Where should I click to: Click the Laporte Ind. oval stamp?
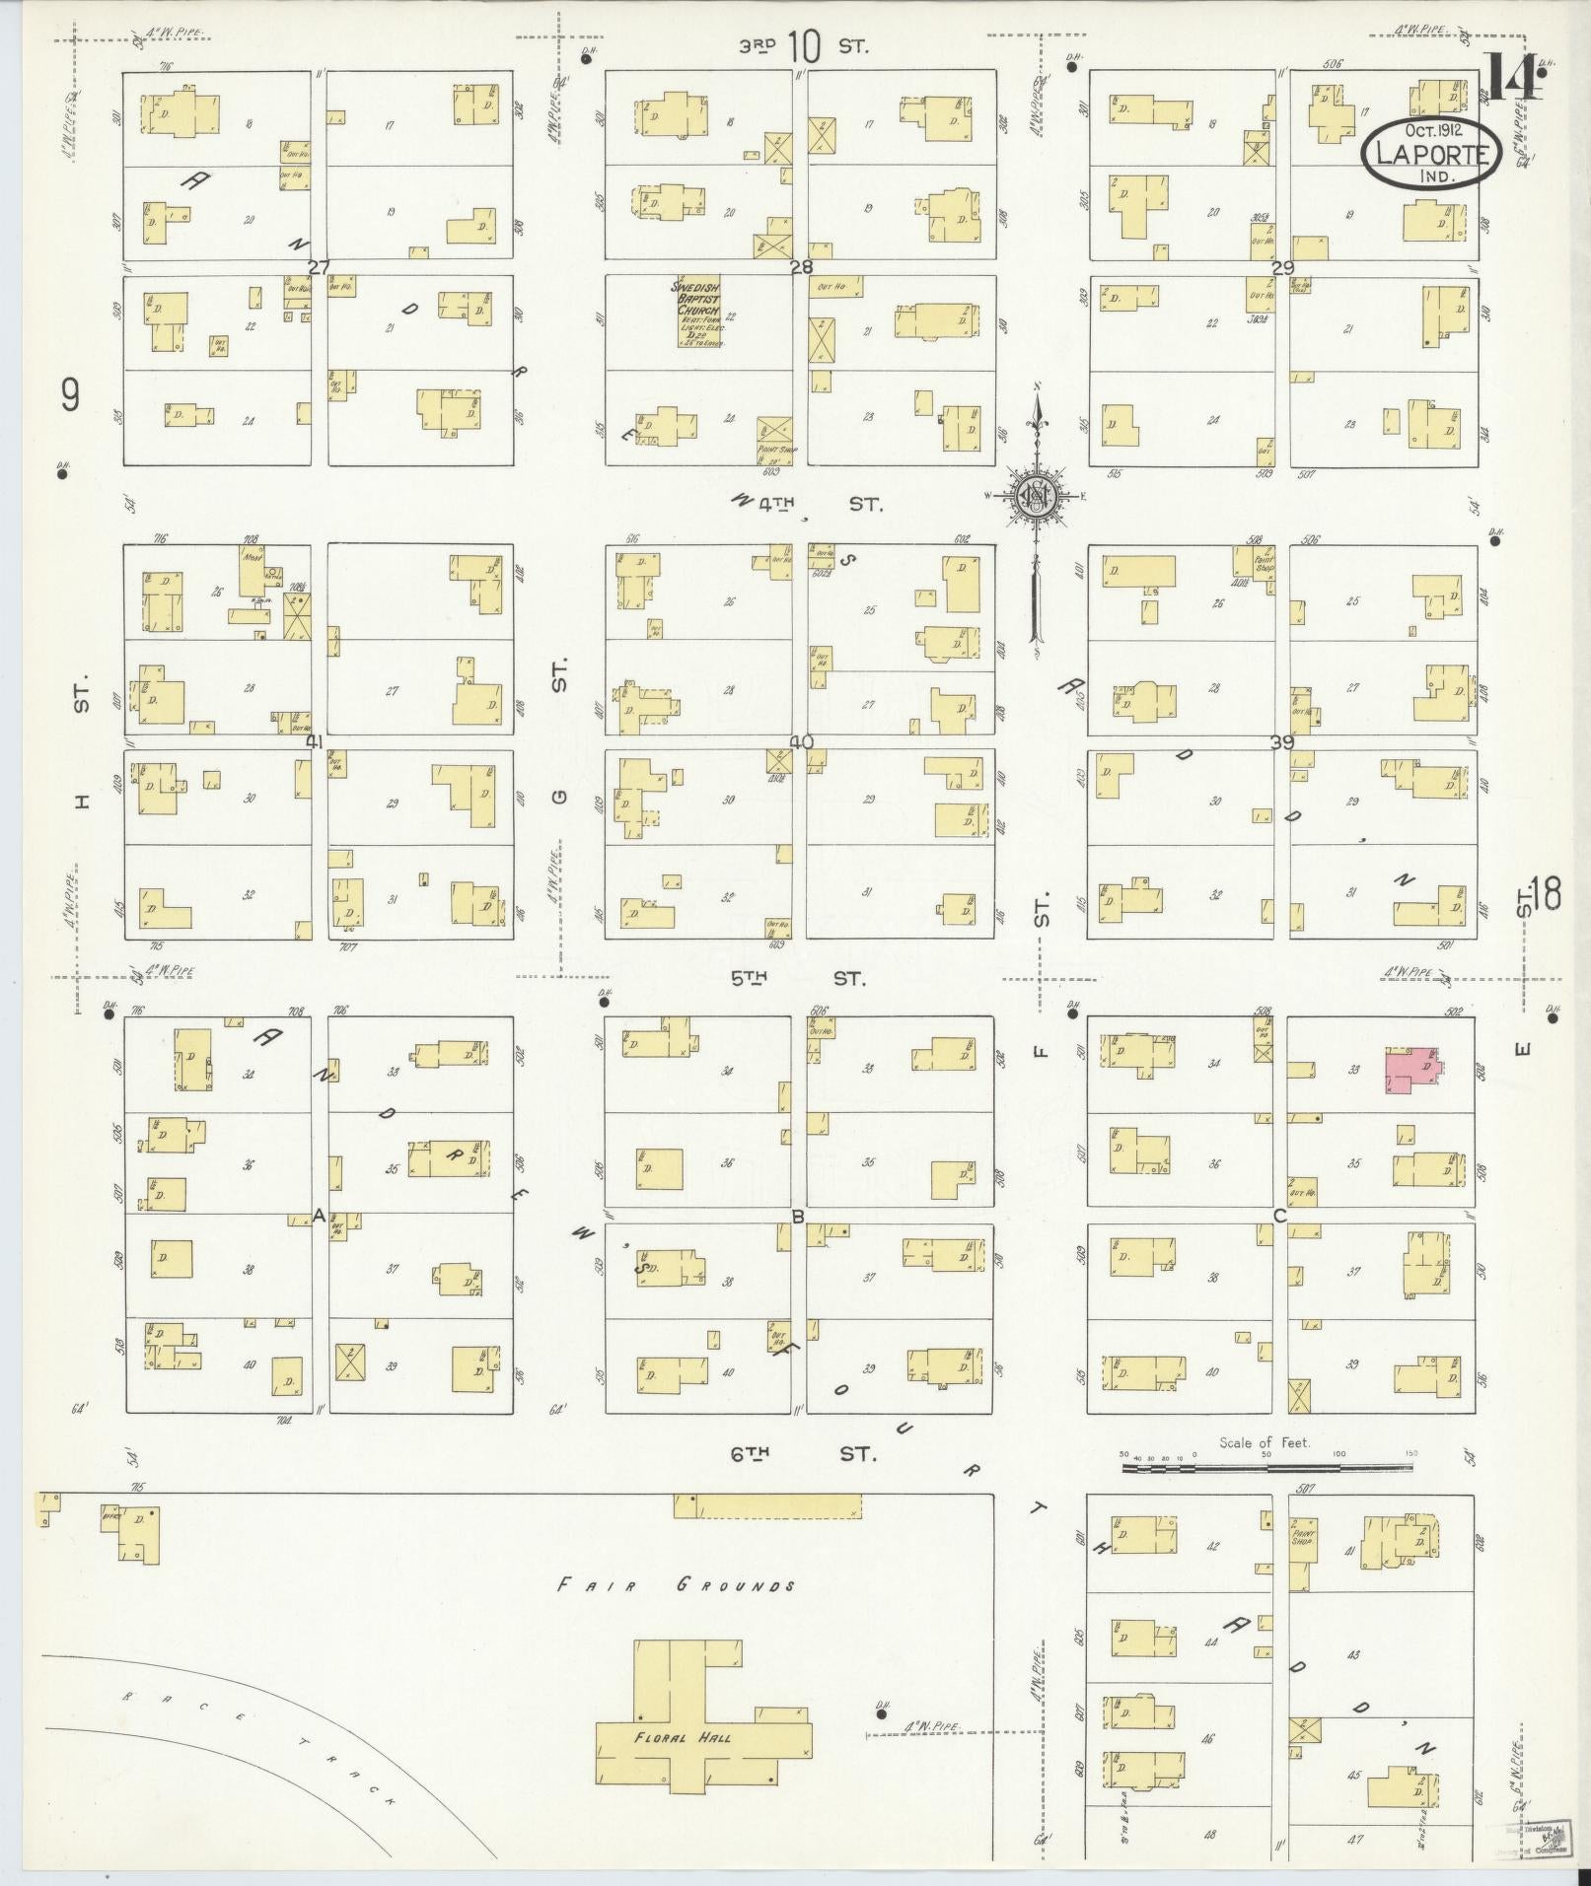tap(1432, 154)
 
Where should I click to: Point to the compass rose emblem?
tap(1037, 495)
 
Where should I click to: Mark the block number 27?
tap(318, 266)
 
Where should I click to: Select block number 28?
tap(800, 266)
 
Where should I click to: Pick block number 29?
tap(1282, 266)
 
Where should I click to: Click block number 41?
tap(316, 741)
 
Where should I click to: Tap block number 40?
tap(800, 741)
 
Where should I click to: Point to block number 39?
tap(1282, 742)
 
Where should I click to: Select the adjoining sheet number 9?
tap(69, 396)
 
